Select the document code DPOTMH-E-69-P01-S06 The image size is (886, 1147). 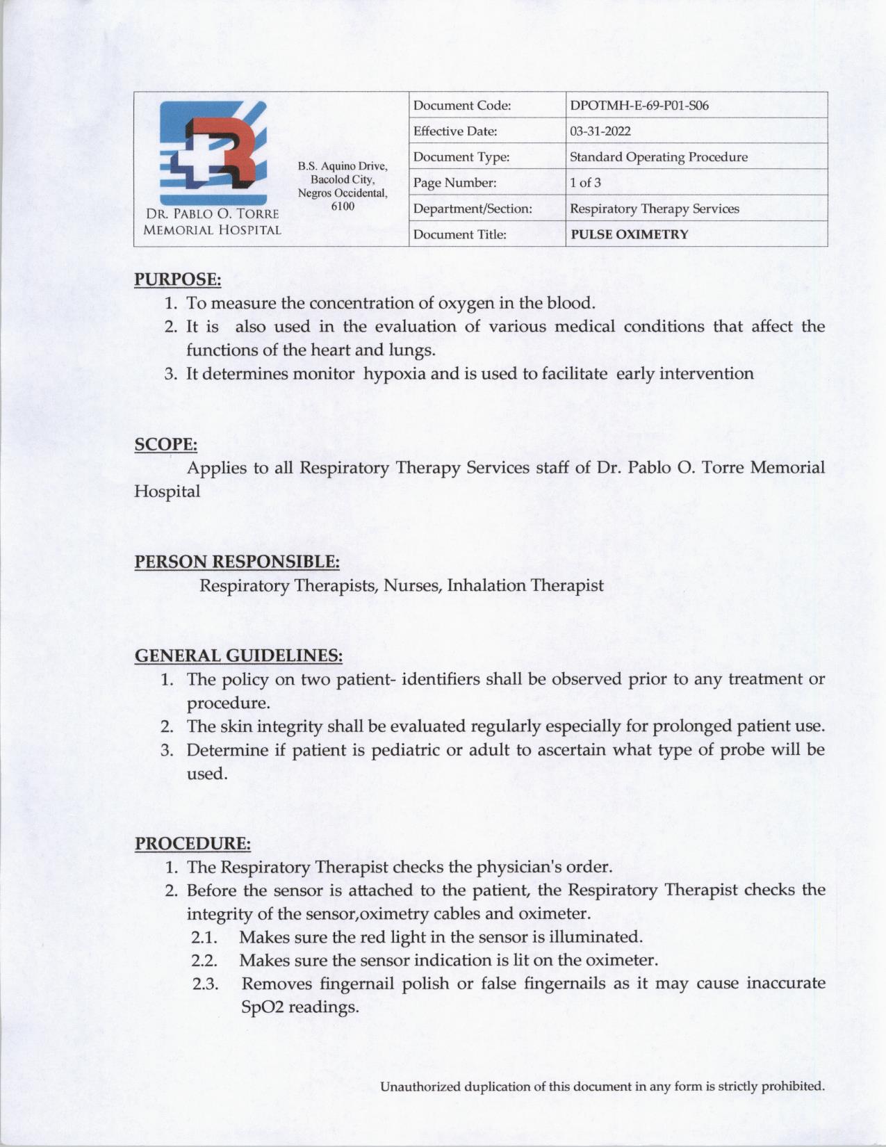click(x=639, y=106)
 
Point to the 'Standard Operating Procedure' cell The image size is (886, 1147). click(x=658, y=157)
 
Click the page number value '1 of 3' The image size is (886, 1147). click(x=585, y=183)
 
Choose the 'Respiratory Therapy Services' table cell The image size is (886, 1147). click(x=654, y=209)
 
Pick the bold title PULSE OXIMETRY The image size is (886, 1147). click(x=629, y=234)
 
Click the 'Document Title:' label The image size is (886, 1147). click(x=459, y=234)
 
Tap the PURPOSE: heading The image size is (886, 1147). click(x=177, y=279)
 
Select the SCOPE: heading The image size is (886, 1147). click(x=165, y=444)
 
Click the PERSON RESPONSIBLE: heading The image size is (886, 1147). click(x=236, y=561)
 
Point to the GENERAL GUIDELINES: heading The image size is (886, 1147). click(x=238, y=656)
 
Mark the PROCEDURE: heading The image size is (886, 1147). click(x=192, y=844)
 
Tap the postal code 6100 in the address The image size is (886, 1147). click(x=343, y=206)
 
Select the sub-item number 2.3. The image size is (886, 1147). click(x=205, y=984)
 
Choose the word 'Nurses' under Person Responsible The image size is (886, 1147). click(x=413, y=585)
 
